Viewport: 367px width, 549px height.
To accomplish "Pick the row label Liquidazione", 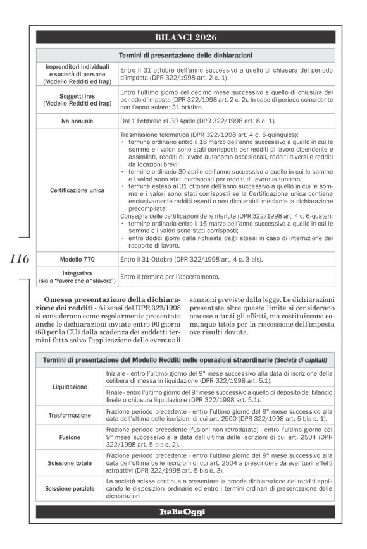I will coord(70,386).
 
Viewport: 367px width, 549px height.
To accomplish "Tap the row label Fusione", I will coord(70,437).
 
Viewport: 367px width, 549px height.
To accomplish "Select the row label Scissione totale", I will coord(70,462).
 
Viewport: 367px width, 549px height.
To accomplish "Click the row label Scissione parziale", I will coord(70,489).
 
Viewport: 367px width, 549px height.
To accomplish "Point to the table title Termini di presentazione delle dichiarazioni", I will coord(185,56).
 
